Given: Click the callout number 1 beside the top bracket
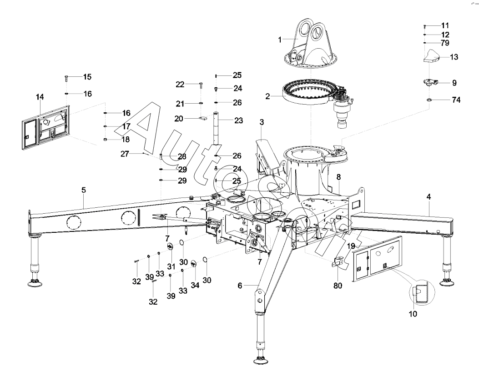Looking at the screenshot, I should tap(280, 40).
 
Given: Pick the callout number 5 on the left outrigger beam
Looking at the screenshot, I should tap(84, 190).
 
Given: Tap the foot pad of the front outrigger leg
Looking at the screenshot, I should tap(262, 361).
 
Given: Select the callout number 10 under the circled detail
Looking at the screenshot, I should tap(414, 313).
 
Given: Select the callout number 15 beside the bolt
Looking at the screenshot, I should tap(87, 77).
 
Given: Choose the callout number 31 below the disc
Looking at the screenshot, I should tap(171, 266).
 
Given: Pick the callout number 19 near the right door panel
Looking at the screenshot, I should tap(350, 246).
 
